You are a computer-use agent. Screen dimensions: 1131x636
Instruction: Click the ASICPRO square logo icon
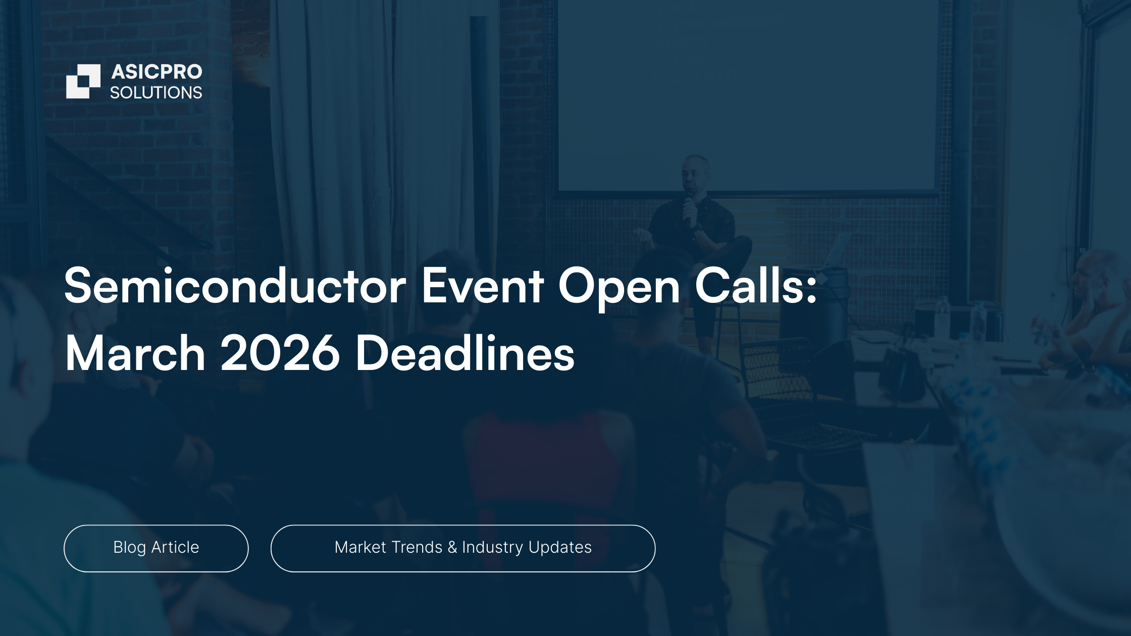(x=83, y=81)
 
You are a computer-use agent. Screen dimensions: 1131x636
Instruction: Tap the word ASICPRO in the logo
(x=157, y=72)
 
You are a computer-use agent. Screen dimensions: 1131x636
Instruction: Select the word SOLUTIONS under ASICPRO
(x=156, y=93)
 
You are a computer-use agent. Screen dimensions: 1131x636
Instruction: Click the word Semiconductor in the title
(x=235, y=286)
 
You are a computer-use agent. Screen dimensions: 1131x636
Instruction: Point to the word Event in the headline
(x=483, y=287)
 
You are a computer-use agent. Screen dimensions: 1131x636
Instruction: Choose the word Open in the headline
(x=619, y=290)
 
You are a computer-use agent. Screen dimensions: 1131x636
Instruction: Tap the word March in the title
(x=135, y=353)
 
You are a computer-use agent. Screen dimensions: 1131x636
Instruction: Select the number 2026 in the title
(x=280, y=353)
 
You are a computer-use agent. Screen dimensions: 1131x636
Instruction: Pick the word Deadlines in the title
(x=465, y=353)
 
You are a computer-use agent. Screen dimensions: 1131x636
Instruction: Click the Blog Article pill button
(x=156, y=548)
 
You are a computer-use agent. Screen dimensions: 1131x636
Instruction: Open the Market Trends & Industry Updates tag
(x=463, y=548)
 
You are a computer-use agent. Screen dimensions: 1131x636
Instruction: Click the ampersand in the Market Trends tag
(x=452, y=547)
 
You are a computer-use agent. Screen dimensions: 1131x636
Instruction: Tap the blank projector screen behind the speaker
(x=748, y=96)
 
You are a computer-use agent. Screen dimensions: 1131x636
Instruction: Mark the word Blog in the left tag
(x=130, y=548)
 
